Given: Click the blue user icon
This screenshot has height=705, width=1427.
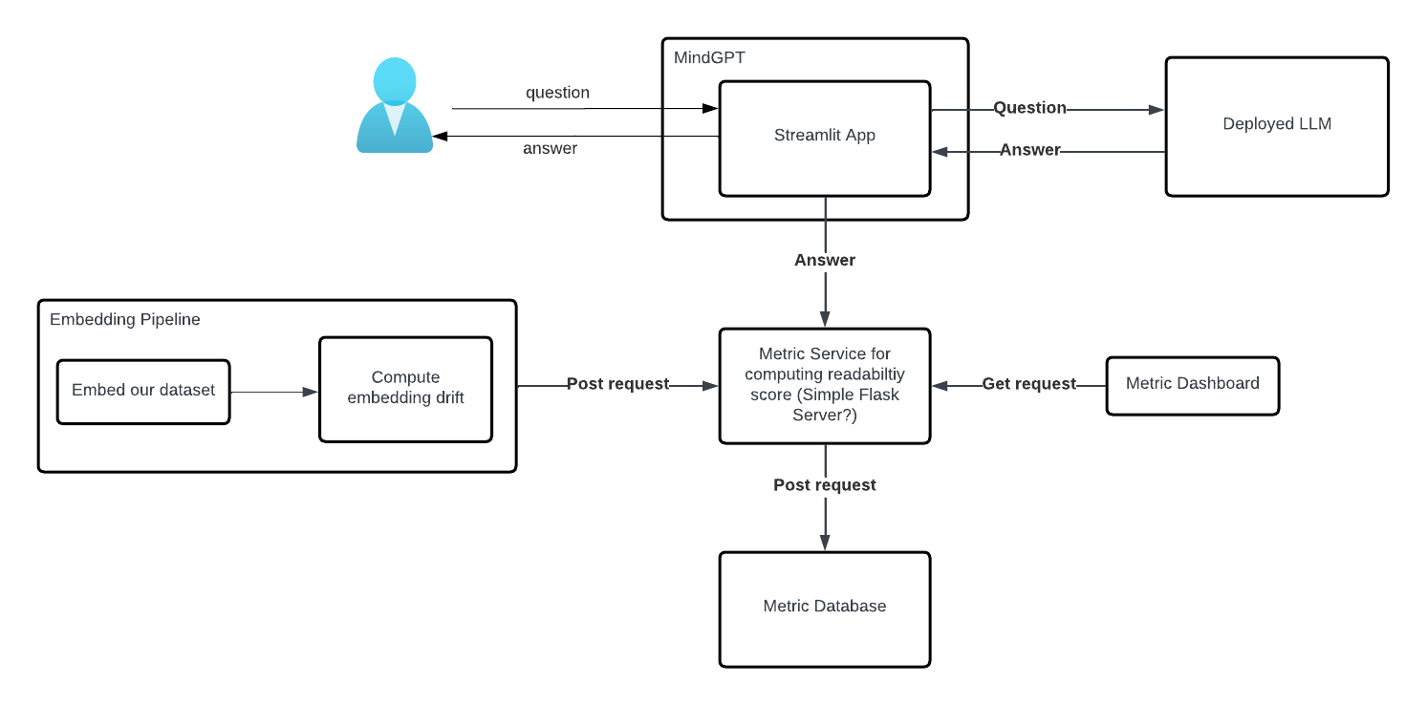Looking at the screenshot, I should pyautogui.click(x=395, y=105).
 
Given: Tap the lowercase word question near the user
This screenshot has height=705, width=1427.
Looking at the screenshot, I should pyautogui.click(x=557, y=93).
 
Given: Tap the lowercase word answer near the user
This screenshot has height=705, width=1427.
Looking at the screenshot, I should pyautogui.click(x=550, y=148).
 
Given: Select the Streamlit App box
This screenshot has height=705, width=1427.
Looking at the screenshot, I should pyautogui.click(x=824, y=138).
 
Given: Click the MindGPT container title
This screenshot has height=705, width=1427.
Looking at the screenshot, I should pyautogui.click(x=709, y=57).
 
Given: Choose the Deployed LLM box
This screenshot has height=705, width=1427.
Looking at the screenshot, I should pyautogui.click(x=1276, y=125).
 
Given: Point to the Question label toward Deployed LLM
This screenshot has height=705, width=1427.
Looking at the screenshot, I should pyautogui.click(x=1029, y=108).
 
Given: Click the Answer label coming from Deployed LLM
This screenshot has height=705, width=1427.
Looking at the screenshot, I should pyautogui.click(x=1029, y=150).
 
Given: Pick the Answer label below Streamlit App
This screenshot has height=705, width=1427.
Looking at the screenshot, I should pyautogui.click(x=824, y=260).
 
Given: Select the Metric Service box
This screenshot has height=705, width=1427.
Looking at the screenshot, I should pyautogui.click(x=824, y=385).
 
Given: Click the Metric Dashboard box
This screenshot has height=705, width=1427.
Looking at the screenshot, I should pyautogui.click(x=1192, y=384).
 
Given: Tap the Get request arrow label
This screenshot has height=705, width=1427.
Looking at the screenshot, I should pyautogui.click(x=1028, y=384).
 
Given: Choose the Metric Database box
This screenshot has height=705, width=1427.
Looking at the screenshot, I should pyautogui.click(x=824, y=608).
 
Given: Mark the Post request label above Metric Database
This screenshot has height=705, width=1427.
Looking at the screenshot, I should pyautogui.click(x=824, y=485).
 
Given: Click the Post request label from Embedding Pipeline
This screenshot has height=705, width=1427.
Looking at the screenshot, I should pyautogui.click(x=617, y=384).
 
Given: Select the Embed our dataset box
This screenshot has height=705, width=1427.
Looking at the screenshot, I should pyautogui.click(x=143, y=391).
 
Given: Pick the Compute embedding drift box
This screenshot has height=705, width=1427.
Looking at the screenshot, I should pyautogui.click(x=405, y=388).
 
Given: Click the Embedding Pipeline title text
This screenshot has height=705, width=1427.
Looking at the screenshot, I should pyautogui.click(x=125, y=319).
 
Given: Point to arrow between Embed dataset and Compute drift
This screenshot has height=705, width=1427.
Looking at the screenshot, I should pyautogui.click(x=273, y=392).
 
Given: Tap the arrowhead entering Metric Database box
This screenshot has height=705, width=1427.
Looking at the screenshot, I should pyautogui.click(x=824, y=544).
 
